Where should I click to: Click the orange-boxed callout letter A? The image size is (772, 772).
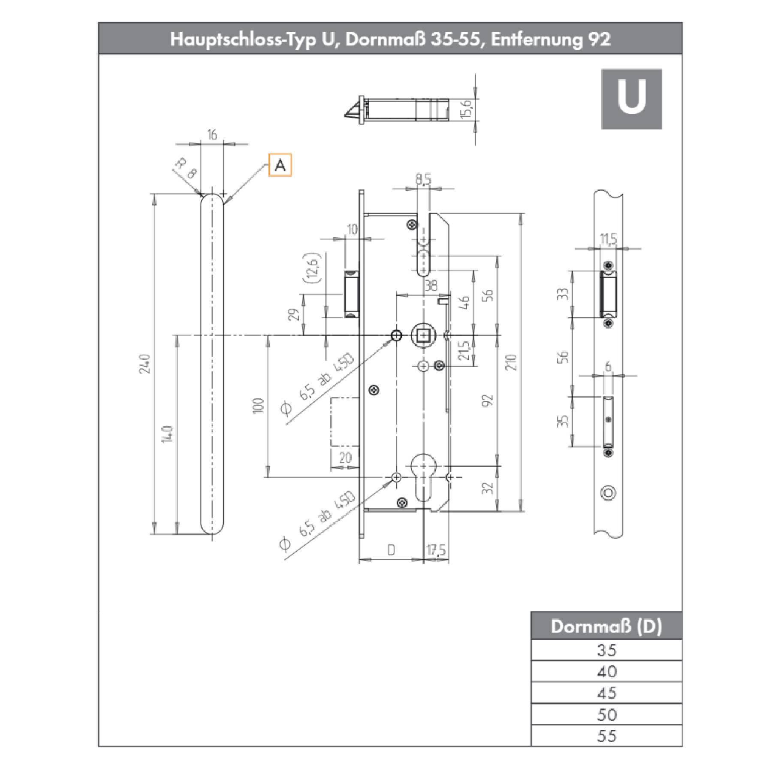click(x=280, y=165)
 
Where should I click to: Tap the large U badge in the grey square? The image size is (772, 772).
click(x=631, y=99)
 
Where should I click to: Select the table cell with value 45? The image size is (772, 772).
click(x=606, y=693)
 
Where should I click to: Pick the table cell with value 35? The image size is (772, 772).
click(x=606, y=650)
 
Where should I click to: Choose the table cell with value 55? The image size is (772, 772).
click(x=606, y=736)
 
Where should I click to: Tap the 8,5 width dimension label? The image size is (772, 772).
click(x=423, y=180)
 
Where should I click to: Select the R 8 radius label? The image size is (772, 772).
click(x=186, y=169)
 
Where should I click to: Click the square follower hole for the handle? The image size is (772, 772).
click(x=423, y=336)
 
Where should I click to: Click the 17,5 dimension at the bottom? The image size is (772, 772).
click(x=436, y=550)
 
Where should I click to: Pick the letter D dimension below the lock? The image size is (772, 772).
click(x=391, y=550)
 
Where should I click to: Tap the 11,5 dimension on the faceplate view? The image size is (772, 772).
click(x=608, y=239)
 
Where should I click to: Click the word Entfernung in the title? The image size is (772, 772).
click(x=535, y=39)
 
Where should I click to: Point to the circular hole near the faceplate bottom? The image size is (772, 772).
click(x=608, y=493)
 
